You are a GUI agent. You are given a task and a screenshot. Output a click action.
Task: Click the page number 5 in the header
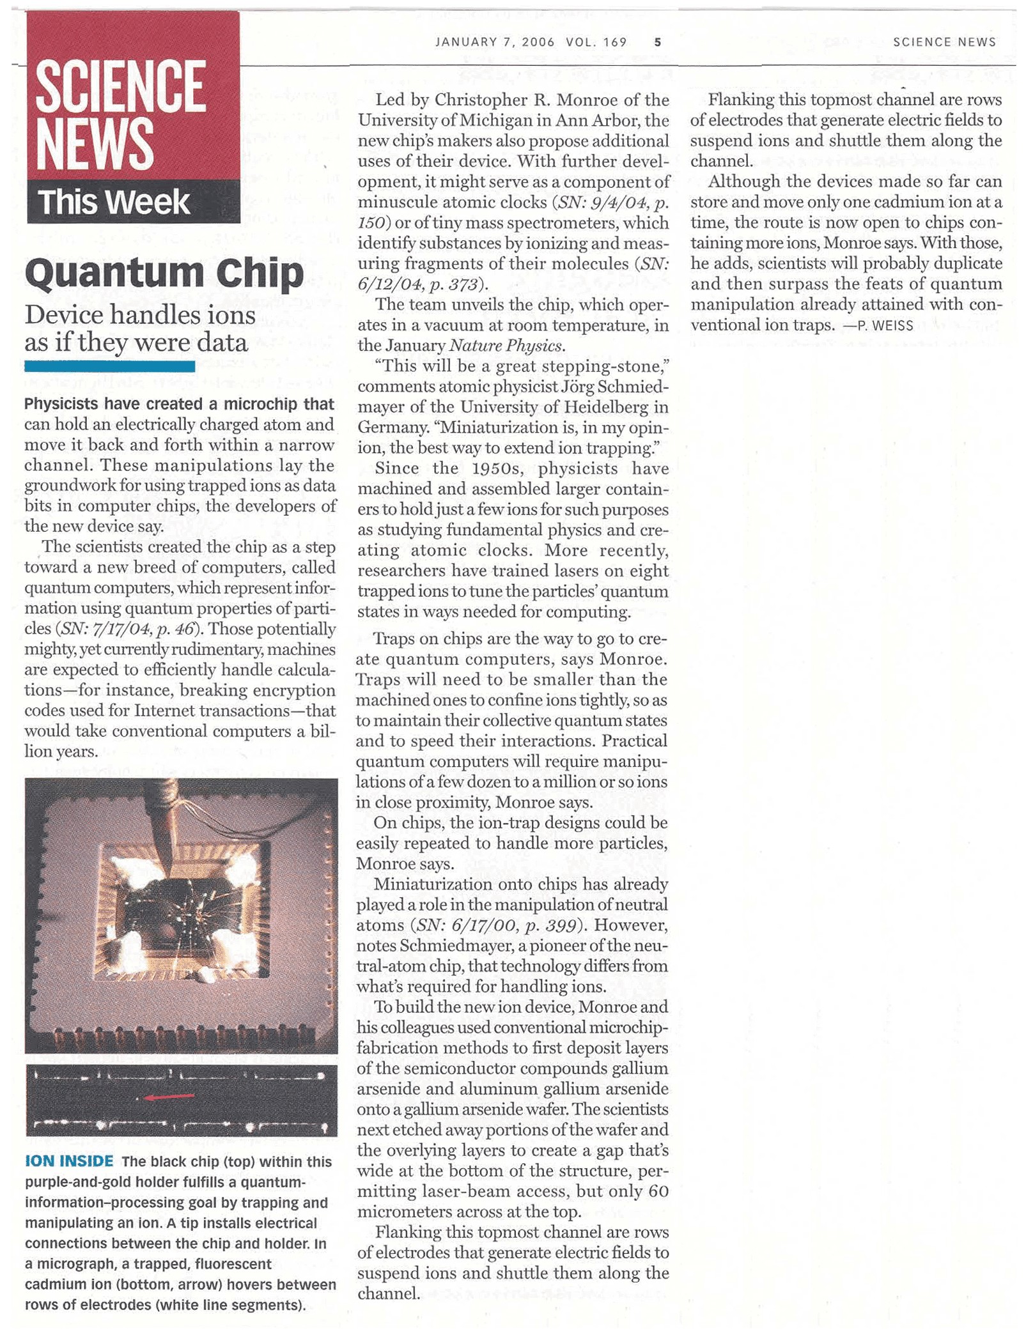point(657,43)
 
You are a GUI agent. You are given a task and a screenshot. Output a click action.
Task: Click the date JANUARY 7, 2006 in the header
point(495,42)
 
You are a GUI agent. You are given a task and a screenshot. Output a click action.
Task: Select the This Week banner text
point(114,203)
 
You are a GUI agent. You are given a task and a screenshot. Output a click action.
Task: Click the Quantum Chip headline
point(164,273)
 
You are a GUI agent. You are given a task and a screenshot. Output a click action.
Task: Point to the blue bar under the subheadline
point(109,366)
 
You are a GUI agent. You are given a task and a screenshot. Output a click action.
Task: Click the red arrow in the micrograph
point(169,1097)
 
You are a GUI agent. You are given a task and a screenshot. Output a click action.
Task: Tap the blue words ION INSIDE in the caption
point(69,1161)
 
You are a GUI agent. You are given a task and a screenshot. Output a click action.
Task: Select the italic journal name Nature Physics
point(506,346)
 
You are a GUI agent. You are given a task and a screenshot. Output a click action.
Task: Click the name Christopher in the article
point(489,100)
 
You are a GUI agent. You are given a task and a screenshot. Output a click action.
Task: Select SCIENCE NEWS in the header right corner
point(944,42)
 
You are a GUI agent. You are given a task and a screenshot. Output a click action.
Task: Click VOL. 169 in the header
point(596,42)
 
